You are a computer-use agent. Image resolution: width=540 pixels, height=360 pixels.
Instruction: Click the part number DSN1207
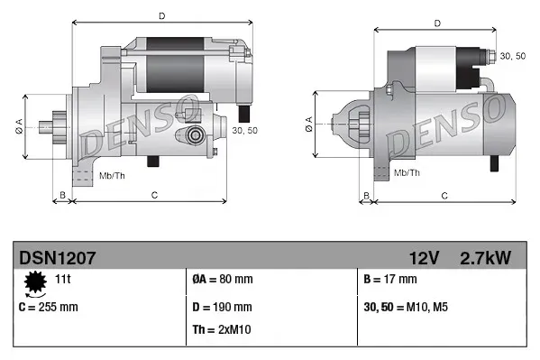tap(58, 258)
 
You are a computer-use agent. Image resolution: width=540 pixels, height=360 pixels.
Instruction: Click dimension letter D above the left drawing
tap(161, 15)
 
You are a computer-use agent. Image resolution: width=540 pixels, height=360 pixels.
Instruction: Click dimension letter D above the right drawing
tap(436, 23)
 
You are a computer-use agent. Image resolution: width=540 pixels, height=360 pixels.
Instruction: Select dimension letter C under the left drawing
tap(154, 193)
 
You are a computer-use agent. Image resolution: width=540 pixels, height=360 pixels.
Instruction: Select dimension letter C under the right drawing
tap(444, 193)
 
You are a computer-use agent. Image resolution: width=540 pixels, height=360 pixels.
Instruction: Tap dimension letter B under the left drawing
tap(62, 193)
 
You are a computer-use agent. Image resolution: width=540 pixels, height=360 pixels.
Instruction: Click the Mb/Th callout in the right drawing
tap(407, 172)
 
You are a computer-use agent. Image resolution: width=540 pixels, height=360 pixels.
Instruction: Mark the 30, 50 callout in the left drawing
tap(244, 131)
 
